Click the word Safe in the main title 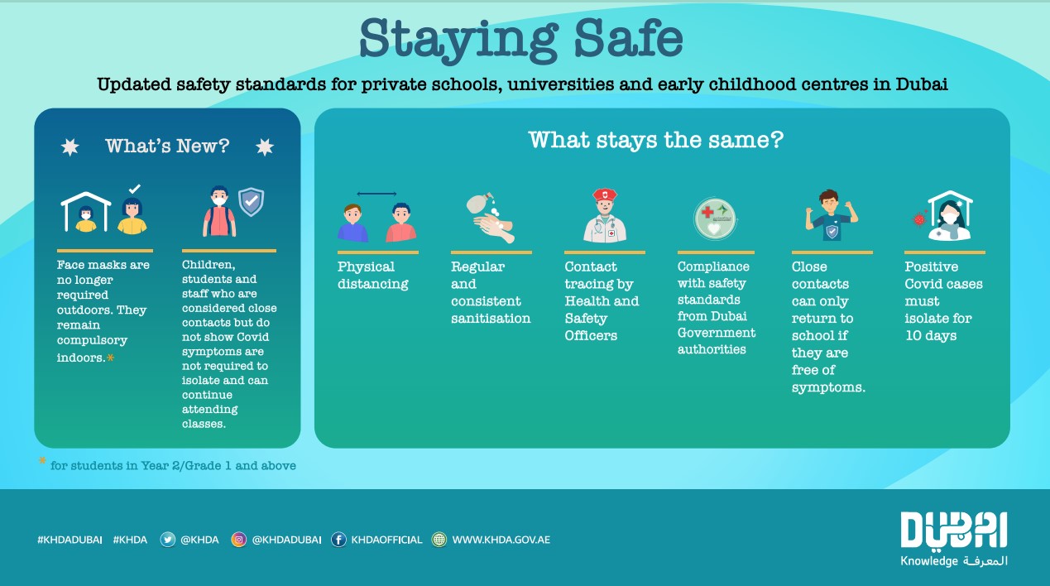pyautogui.click(x=629, y=38)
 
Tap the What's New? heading pyautogui.click(x=167, y=146)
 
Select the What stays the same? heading pyautogui.click(x=656, y=140)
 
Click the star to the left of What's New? pyautogui.click(x=70, y=147)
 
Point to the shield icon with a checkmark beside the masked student pyautogui.click(x=252, y=202)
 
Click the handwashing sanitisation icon pyautogui.click(x=491, y=217)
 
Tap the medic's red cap pyautogui.click(x=605, y=194)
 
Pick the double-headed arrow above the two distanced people pyautogui.click(x=376, y=194)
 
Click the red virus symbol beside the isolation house pyautogui.click(x=920, y=219)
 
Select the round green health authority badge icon pyautogui.click(x=715, y=219)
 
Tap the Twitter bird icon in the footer pyautogui.click(x=167, y=540)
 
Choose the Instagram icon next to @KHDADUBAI pyautogui.click(x=238, y=540)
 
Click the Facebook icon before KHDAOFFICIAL pyautogui.click(x=338, y=540)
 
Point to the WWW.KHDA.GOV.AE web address pyautogui.click(x=501, y=540)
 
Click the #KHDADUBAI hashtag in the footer pyautogui.click(x=70, y=540)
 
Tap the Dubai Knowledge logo pyautogui.click(x=953, y=539)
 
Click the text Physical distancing pyautogui.click(x=373, y=275)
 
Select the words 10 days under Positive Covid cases pyautogui.click(x=931, y=336)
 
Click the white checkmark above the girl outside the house pyautogui.click(x=135, y=189)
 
